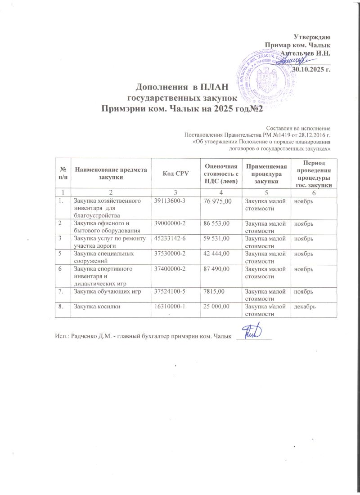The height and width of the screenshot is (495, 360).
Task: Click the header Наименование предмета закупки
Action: coord(111,174)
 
